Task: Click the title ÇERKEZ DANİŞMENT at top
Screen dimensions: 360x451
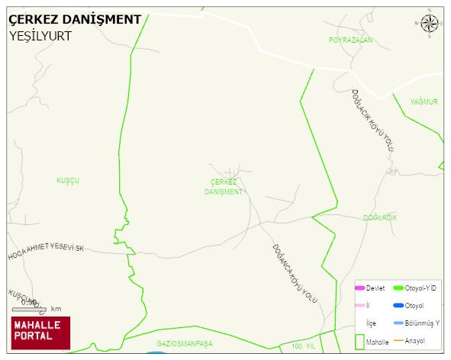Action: click(x=75, y=19)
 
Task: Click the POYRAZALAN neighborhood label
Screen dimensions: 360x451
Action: click(x=350, y=40)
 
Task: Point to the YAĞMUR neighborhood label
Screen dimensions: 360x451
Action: click(x=424, y=101)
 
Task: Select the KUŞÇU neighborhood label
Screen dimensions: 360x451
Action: click(x=68, y=181)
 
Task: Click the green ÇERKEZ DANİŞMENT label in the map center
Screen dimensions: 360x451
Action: click(x=223, y=187)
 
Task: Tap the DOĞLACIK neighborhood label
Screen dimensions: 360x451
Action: click(x=379, y=218)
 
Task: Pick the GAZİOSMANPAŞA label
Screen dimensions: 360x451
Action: click(x=184, y=344)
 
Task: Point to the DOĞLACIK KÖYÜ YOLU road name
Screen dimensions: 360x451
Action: click(x=372, y=120)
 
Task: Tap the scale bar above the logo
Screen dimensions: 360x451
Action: click(x=30, y=309)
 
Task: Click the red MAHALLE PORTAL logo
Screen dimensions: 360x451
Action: click(x=40, y=333)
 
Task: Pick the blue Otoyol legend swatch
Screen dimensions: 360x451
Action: click(x=398, y=306)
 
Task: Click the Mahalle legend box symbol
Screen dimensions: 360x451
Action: click(x=359, y=341)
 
